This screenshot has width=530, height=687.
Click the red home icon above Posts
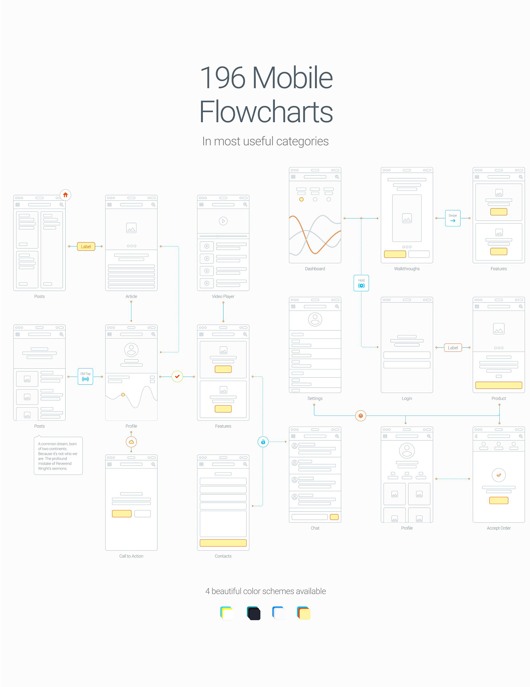(x=65, y=195)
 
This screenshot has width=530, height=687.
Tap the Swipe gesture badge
(x=453, y=218)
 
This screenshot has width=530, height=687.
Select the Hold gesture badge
(x=361, y=283)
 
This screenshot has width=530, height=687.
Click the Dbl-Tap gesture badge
(x=85, y=376)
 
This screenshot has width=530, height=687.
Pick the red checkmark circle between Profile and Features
(x=177, y=376)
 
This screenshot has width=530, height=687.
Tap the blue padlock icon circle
(x=263, y=442)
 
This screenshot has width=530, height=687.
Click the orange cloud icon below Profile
(x=131, y=442)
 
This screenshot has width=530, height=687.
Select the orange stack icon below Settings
(x=361, y=416)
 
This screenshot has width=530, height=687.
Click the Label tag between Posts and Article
(x=86, y=246)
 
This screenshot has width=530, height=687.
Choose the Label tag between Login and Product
(x=453, y=347)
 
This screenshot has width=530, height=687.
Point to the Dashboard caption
(x=315, y=269)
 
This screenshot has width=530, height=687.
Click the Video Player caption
(x=223, y=296)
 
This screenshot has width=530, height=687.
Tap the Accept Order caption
(x=499, y=528)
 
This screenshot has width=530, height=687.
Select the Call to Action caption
(x=131, y=556)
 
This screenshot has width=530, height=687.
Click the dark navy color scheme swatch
(x=254, y=613)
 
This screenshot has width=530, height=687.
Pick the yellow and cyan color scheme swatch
(x=227, y=613)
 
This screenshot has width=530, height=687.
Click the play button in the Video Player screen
(x=223, y=221)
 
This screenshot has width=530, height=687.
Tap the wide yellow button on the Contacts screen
(x=223, y=543)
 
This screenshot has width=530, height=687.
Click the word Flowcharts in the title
(x=266, y=111)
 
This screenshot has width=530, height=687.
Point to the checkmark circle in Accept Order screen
(x=499, y=475)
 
